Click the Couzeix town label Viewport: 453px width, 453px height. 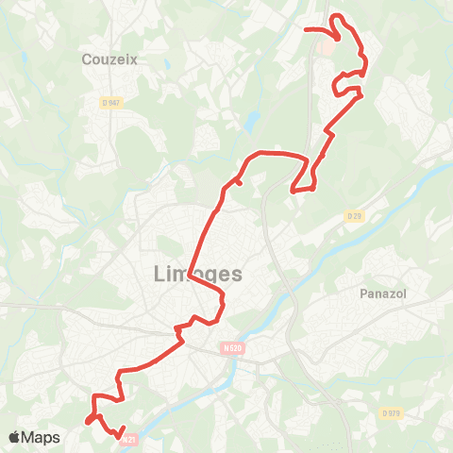click(109, 59)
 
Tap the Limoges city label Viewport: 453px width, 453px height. click(196, 274)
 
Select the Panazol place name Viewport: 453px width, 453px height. click(383, 294)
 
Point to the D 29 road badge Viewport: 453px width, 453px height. click(354, 216)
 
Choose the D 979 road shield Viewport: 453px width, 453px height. click(391, 413)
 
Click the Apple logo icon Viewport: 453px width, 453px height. click(16, 437)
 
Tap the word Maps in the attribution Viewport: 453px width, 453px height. click(42, 437)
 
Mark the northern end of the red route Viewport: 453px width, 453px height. click(304, 29)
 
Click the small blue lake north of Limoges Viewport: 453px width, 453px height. click(252, 122)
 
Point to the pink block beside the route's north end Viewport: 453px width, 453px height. click(326, 45)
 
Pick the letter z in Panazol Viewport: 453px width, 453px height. click(391, 294)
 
